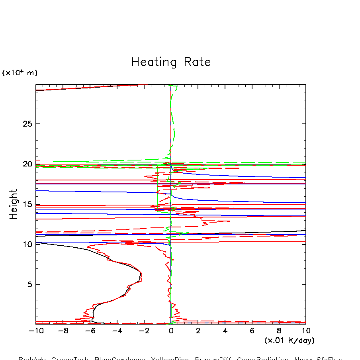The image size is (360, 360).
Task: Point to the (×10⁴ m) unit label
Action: (20, 73)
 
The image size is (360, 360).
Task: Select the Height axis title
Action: (14, 204)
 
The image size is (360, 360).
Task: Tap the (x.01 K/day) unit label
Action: (289, 340)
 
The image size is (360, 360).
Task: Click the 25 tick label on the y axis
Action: (27, 124)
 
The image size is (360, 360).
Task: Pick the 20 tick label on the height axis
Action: (27, 164)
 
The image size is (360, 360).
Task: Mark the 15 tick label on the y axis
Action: (27, 204)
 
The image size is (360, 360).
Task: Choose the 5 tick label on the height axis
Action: (30, 285)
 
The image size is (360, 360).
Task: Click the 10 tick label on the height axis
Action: (27, 245)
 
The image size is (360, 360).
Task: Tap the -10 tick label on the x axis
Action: (35, 331)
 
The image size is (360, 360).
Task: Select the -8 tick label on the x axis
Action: (63, 331)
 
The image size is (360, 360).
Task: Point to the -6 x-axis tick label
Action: (90, 331)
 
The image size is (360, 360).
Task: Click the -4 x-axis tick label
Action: (117, 331)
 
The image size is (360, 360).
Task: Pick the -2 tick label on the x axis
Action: (144, 331)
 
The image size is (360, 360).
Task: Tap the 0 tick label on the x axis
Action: (171, 331)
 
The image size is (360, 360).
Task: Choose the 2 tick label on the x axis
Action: (198, 331)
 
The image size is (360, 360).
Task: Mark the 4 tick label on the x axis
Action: (225, 331)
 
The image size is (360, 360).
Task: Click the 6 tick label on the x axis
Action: (252, 331)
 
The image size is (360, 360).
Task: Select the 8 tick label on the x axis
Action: (279, 331)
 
